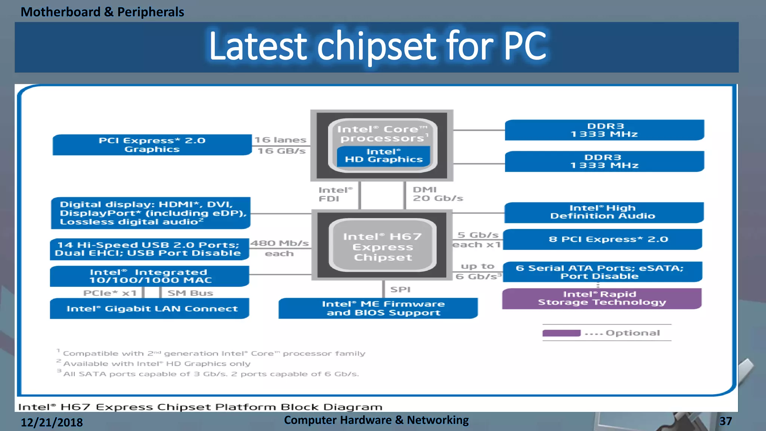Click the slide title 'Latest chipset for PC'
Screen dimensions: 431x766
pyautogui.click(x=378, y=46)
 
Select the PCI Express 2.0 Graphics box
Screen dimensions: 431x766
pyautogui.click(x=152, y=145)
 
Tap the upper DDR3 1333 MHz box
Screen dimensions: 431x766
pyautogui.click(x=604, y=130)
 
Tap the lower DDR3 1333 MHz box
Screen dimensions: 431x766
pyautogui.click(x=604, y=162)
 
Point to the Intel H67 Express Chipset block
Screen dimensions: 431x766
pyautogui.click(x=382, y=247)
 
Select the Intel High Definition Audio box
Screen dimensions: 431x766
pyautogui.click(x=603, y=212)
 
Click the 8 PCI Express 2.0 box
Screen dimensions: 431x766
pyautogui.click(x=603, y=239)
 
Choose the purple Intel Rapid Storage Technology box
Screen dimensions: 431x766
pyautogui.click(x=601, y=299)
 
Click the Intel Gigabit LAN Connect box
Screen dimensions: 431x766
pyautogui.click(x=150, y=309)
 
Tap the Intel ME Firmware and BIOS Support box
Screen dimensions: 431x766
pyautogui.click(x=378, y=309)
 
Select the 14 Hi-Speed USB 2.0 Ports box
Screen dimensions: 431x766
pyautogui.click(x=149, y=249)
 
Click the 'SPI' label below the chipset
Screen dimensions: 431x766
pyautogui.click(x=400, y=290)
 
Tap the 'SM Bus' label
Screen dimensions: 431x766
pyautogui.click(x=190, y=293)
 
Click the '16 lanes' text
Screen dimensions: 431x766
pyautogui.click(x=280, y=140)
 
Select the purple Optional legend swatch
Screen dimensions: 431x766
pyautogui.click(x=561, y=333)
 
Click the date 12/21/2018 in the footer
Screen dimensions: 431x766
pyautogui.click(x=52, y=422)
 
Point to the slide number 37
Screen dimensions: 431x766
pyautogui.click(x=725, y=421)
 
